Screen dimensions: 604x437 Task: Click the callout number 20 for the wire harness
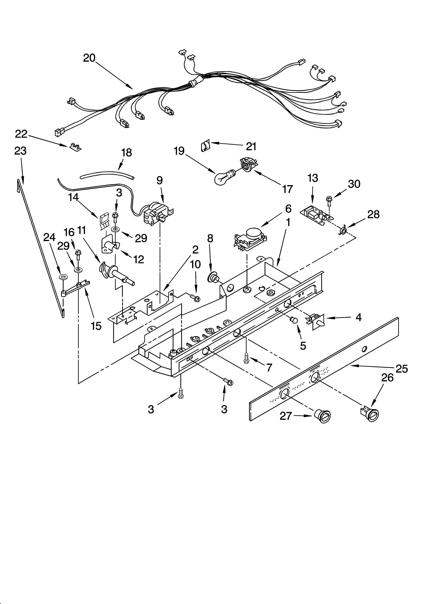tap(89, 58)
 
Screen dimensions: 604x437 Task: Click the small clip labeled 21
tap(205, 146)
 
